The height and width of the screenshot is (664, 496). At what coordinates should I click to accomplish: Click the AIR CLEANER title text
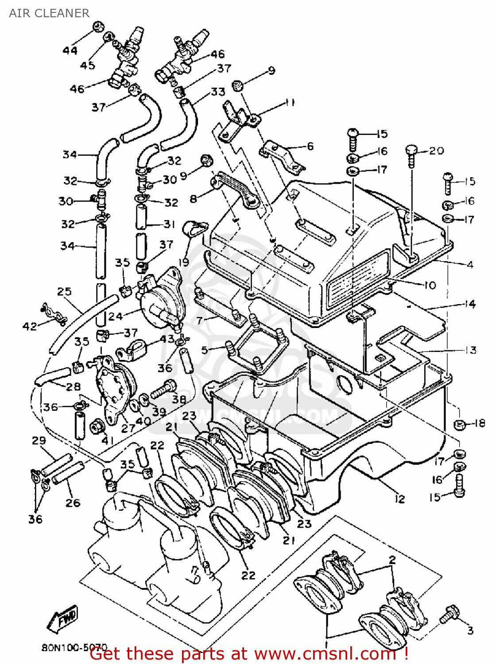click(49, 13)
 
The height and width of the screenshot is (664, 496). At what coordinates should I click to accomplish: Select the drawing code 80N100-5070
click(74, 647)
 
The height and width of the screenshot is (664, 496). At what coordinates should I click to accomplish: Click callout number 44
click(70, 50)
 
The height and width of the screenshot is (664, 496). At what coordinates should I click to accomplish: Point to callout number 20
click(436, 151)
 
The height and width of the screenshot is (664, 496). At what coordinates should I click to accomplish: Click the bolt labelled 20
click(411, 156)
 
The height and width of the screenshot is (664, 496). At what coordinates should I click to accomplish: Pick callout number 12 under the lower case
click(400, 499)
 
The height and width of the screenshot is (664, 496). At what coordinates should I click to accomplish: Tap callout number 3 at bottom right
click(470, 630)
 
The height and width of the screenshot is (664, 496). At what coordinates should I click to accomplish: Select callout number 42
click(30, 327)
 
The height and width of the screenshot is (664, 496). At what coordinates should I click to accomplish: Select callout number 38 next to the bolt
click(179, 399)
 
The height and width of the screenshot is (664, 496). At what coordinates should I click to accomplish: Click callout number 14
click(470, 304)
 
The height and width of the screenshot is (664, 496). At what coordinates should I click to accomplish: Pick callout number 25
click(64, 291)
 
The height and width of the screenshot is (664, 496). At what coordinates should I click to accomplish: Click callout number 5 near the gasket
click(204, 351)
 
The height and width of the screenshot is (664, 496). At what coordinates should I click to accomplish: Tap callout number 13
click(470, 350)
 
